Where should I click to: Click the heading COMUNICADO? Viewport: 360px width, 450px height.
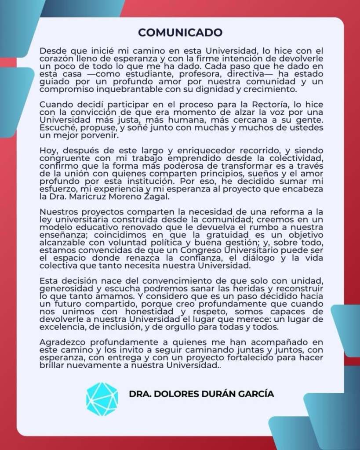pyautogui.click(x=180, y=33)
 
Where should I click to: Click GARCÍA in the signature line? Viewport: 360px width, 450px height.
pyautogui.click(x=256, y=394)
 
